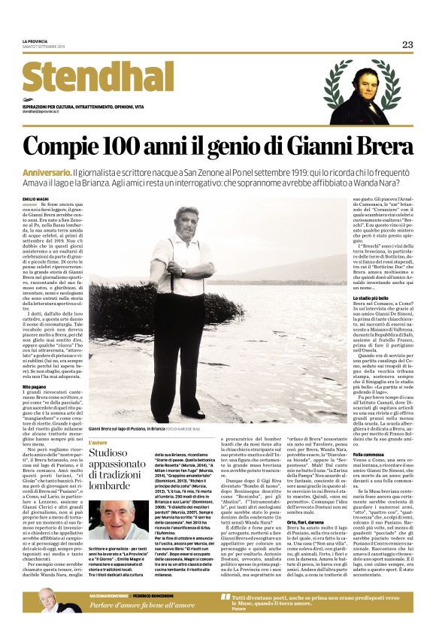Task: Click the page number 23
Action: tap(407, 45)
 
